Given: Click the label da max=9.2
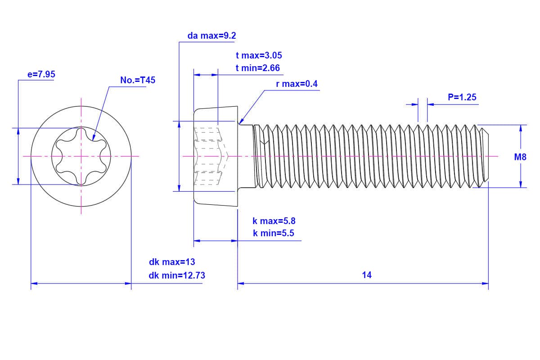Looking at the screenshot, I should tap(211, 36).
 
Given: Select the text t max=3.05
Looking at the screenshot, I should tap(259, 55).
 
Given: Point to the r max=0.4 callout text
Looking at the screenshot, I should tap(297, 84).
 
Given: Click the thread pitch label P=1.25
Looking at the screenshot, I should tap(462, 97).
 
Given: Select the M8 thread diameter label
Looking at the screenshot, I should tap(520, 157).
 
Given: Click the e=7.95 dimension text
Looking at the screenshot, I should tap(41, 74).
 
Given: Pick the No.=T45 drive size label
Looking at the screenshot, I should tap(138, 81).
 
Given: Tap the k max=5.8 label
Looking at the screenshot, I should tap(274, 221).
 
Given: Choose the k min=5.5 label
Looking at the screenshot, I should tap(274, 233).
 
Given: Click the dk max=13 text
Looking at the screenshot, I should tap(172, 262).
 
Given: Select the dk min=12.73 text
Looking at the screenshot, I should tap(177, 275).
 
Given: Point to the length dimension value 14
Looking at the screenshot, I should tap(367, 274).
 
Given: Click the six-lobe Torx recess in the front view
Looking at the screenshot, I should tap(81, 156).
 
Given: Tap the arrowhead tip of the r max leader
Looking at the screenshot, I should tap(240, 122).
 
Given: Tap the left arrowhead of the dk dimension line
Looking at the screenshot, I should tap(33, 283).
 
